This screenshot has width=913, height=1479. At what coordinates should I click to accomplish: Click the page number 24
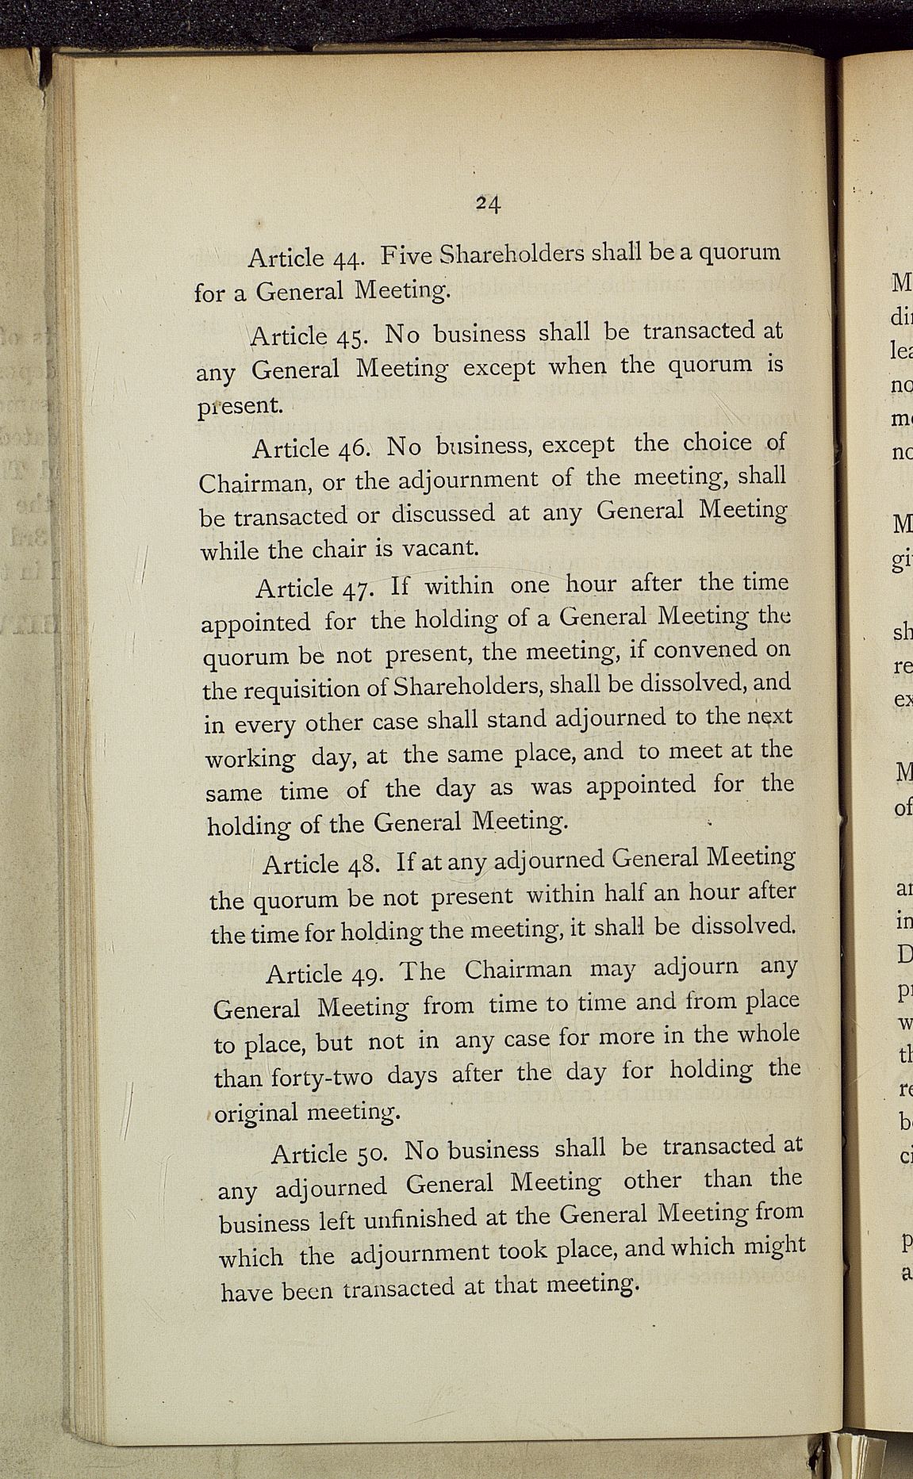tap(488, 204)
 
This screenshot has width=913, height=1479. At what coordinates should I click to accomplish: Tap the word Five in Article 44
tap(405, 255)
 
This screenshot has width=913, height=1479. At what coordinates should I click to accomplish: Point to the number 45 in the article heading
tap(351, 336)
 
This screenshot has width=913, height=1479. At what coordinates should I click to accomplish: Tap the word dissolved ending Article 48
tap(742, 925)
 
